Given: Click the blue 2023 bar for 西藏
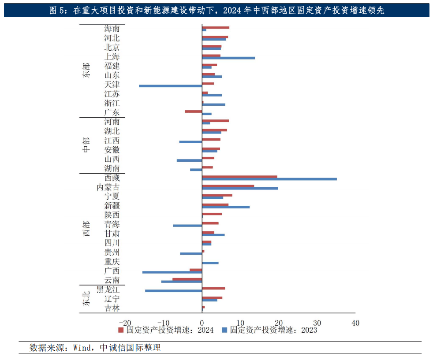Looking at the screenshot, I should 269,179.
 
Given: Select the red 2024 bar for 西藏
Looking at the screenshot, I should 239,176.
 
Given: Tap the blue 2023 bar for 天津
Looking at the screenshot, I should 170,86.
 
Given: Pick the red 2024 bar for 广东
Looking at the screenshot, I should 193,111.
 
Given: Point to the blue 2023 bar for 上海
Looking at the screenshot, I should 228,58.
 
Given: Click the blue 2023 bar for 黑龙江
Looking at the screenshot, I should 173,291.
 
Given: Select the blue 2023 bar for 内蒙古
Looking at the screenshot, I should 240,188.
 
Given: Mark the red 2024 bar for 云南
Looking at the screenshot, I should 187,279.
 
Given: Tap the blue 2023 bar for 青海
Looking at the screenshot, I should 187,226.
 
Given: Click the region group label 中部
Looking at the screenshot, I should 86,145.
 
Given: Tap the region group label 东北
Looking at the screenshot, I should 86,299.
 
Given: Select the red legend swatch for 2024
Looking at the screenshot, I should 120,330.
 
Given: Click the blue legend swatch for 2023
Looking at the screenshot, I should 224,330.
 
